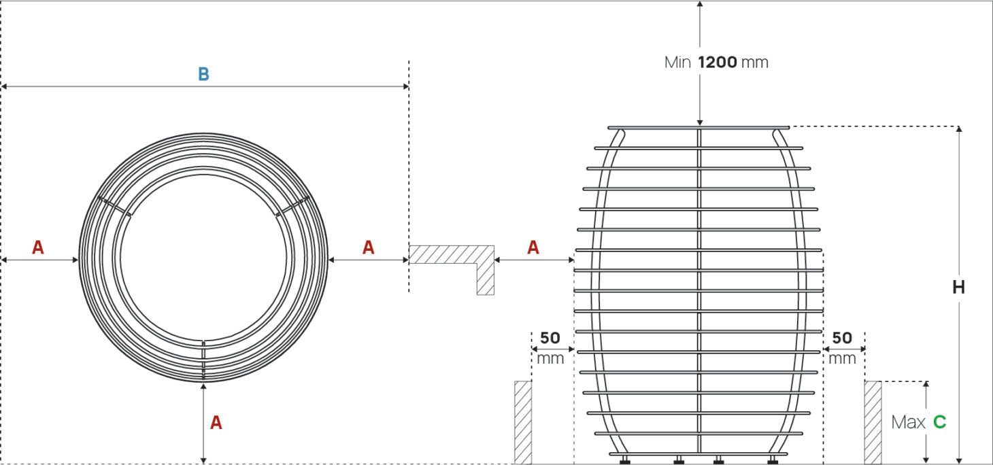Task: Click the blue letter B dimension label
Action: [203, 74]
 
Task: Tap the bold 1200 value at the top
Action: [718, 62]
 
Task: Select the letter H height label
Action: [958, 288]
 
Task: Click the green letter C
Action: [940, 422]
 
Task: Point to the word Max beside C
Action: [909, 422]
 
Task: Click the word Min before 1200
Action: [677, 63]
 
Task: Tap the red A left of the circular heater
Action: [38, 247]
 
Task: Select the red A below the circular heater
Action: [216, 422]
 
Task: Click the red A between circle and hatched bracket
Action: [369, 247]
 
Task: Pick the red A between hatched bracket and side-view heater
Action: [533, 247]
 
